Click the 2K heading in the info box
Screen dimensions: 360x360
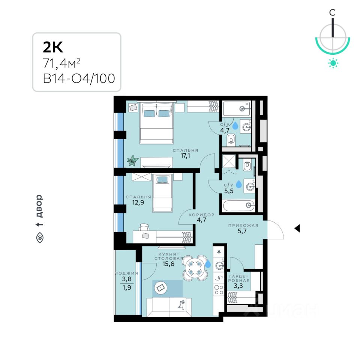click(53, 48)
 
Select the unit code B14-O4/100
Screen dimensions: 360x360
click(79, 79)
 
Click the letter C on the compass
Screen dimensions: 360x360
click(332, 12)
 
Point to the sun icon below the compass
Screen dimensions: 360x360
click(333, 63)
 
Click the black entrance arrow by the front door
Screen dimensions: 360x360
click(297, 228)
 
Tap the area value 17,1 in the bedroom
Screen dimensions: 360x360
click(185, 156)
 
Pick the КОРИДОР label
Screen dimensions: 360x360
click(202, 215)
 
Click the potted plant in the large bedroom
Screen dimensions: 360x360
click(132, 161)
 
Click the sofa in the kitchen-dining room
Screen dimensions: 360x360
click(169, 307)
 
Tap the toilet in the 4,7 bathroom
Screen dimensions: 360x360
click(231, 140)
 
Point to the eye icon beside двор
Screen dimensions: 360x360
click(40, 237)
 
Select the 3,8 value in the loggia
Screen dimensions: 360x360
click(127, 279)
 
